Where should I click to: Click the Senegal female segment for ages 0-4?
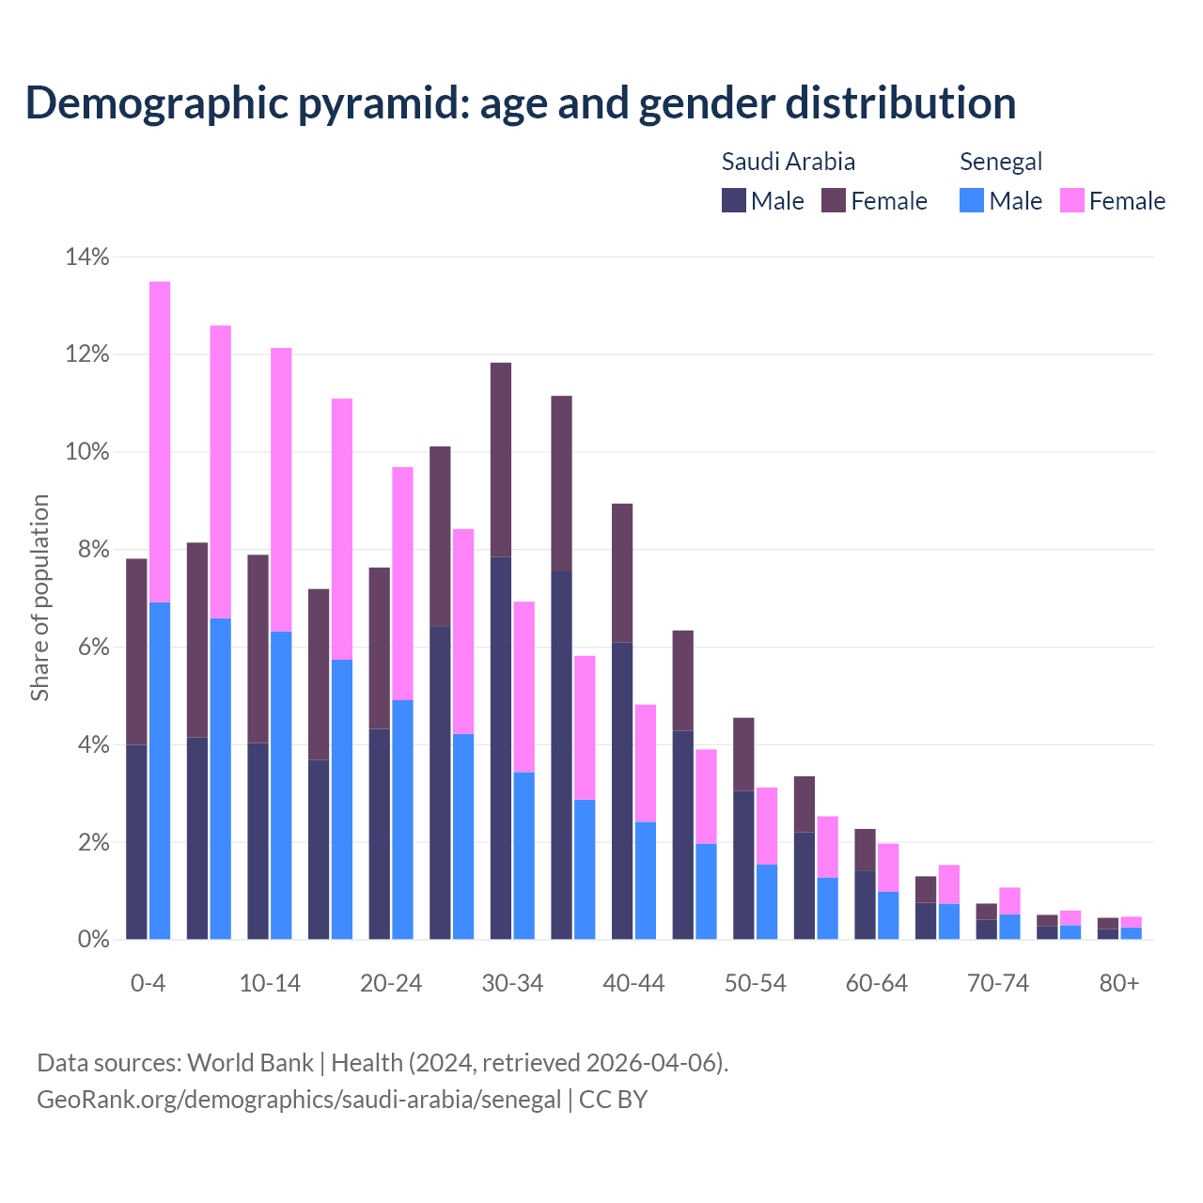tap(160, 442)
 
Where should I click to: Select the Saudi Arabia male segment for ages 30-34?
tap(501, 748)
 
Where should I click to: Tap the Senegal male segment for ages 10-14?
tap(281, 785)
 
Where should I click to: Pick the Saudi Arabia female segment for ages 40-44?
tap(622, 573)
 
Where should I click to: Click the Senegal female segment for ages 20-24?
tap(402, 584)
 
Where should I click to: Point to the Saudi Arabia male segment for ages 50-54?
tap(743, 865)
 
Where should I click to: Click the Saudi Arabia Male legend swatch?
tap(734, 200)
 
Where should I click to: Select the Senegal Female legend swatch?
tap(1072, 200)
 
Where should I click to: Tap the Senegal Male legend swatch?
tap(972, 200)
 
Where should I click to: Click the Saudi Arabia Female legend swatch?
tap(834, 200)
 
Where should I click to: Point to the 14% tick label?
tap(87, 257)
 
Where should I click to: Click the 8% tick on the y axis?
tap(93, 550)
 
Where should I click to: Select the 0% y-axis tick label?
tap(93, 939)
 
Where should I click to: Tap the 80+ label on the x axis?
tap(1119, 983)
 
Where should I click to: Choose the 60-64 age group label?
tap(877, 983)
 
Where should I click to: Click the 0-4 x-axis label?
tap(148, 983)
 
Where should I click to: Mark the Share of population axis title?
tap(39, 598)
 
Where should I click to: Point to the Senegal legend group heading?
tap(1001, 162)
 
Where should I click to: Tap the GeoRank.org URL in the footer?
tap(299, 1099)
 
